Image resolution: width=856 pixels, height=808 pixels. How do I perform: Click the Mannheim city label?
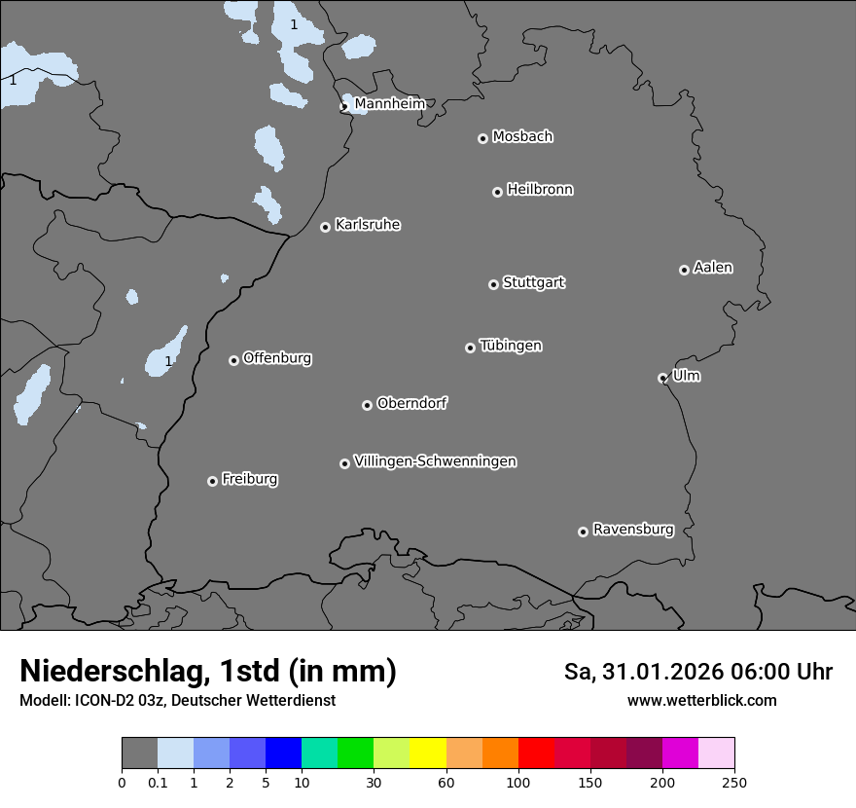click(x=389, y=103)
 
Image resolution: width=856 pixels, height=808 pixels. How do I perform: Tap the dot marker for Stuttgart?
click(x=493, y=284)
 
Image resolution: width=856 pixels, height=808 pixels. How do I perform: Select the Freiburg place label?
click(x=249, y=479)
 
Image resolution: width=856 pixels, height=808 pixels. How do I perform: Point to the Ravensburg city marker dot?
click(x=583, y=532)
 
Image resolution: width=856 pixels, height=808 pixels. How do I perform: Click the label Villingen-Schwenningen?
click(x=435, y=461)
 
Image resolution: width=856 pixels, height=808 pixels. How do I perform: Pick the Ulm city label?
click(x=686, y=376)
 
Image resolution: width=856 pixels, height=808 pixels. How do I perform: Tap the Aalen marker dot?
click(x=684, y=270)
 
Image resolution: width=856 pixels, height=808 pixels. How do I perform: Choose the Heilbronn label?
click(x=540, y=190)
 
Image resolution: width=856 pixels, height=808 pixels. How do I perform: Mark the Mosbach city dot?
click(x=482, y=138)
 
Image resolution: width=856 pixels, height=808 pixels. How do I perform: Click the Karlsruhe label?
click(x=368, y=225)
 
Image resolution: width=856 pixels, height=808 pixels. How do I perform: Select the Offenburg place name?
click(x=277, y=358)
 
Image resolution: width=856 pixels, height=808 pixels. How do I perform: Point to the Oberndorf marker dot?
click(x=367, y=405)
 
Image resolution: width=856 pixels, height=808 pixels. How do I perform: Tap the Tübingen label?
click(x=511, y=346)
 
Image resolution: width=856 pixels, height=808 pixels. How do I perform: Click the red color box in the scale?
click(x=536, y=753)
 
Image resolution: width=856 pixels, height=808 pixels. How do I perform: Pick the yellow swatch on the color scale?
click(x=428, y=753)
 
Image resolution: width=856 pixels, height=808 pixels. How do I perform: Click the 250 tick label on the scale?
click(x=734, y=782)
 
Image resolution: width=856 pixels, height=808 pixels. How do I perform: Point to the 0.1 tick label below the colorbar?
click(x=158, y=782)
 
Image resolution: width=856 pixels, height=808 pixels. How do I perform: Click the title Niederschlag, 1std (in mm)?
click(x=208, y=671)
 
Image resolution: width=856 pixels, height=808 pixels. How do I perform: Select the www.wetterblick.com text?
click(x=701, y=700)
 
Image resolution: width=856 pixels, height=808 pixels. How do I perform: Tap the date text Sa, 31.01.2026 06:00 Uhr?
click(x=698, y=672)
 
